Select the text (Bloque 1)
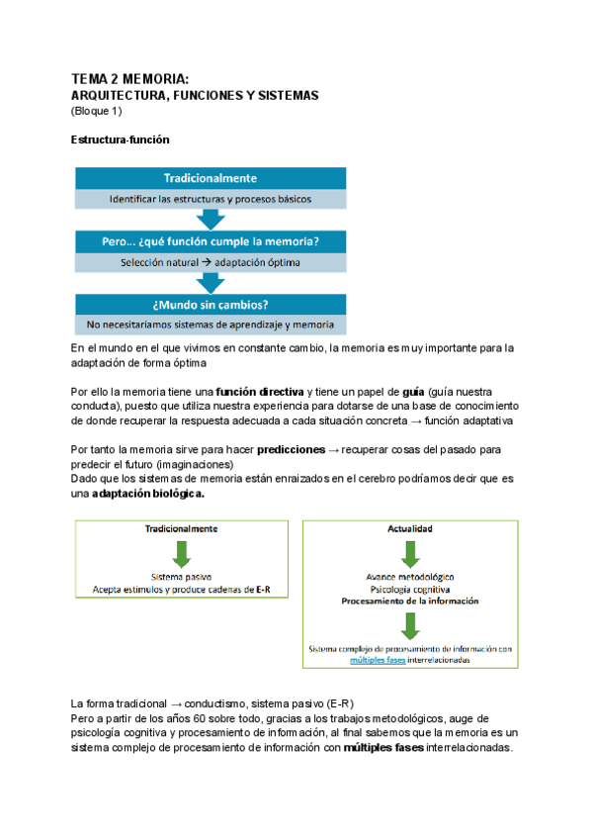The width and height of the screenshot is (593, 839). tap(96, 110)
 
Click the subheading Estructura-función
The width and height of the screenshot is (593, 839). tap(121, 140)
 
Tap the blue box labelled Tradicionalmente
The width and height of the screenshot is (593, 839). tap(212, 178)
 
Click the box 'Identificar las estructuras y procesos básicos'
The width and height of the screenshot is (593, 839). tap(212, 199)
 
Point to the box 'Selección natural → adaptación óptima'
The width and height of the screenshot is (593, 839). tap(212, 262)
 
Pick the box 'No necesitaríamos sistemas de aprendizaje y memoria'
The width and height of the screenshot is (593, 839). tap(212, 325)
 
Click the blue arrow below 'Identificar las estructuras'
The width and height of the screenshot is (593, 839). tap(212, 220)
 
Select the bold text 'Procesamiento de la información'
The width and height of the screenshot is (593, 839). tap(407, 601)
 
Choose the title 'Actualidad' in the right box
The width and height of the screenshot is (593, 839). tap(407, 529)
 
